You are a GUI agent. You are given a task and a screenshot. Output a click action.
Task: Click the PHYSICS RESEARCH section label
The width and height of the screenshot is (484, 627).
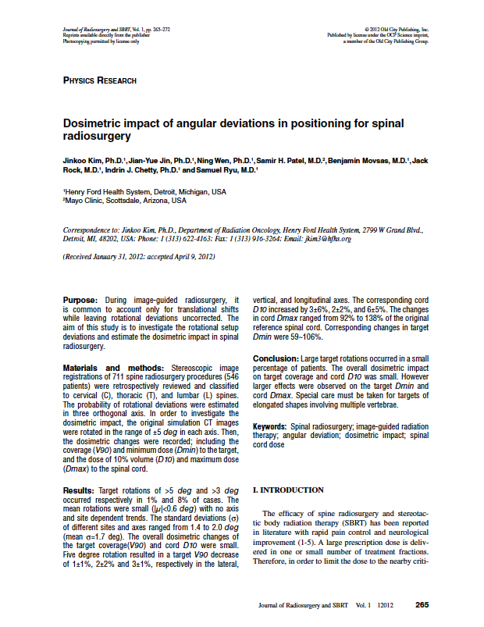point(99,80)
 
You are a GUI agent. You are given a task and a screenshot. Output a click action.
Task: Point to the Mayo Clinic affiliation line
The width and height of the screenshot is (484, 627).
point(125,200)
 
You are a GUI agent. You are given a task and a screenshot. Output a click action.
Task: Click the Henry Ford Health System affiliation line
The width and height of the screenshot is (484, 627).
point(144,191)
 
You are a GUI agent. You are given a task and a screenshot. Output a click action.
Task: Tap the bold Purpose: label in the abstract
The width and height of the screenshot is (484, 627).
point(80,300)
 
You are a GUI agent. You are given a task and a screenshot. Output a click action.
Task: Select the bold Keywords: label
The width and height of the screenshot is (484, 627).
point(272,426)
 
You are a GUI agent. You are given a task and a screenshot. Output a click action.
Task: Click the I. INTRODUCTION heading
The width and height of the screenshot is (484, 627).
point(288,490)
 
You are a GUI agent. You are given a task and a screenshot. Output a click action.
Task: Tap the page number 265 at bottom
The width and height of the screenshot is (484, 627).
point(422,605)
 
